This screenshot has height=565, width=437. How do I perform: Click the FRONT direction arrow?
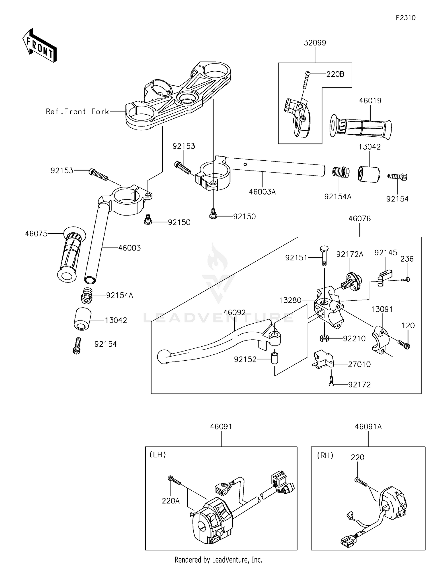click(x=39, y=46)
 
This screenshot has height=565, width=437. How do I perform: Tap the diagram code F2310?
click(x=406, y=18)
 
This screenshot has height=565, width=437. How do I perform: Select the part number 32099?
click(x=315, y=43)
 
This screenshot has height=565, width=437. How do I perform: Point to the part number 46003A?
click(x=262, y=192)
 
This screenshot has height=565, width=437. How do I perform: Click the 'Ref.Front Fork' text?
click(x=77, y=111)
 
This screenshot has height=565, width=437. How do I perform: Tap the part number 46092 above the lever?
click(x=235, y=313)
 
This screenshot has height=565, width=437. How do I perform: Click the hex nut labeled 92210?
click(x=325, y=338)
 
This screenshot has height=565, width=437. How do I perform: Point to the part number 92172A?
click(x=350, y=255)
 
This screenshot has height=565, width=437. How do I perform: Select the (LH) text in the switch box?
click(x=158, y=455)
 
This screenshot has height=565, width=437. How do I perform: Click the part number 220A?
click(x=171, y=501)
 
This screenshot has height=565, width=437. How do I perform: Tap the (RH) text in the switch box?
click(x=325, y=455)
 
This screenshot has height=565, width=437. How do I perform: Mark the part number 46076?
click(x=360, y=219)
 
